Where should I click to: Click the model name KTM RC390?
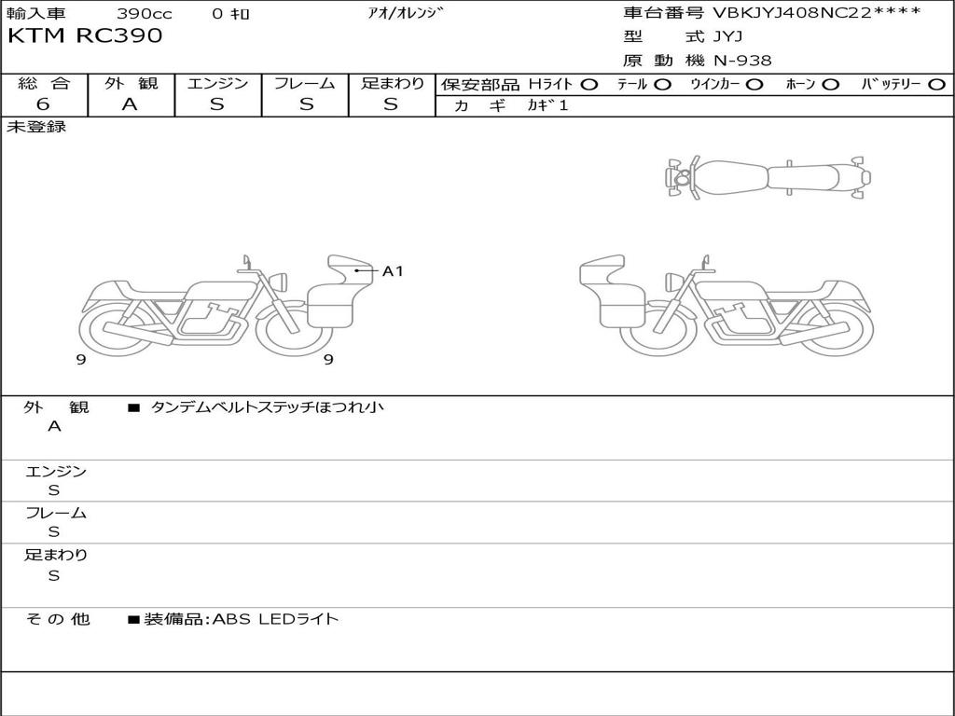point(85,36)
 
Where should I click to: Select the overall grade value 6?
point(43,104)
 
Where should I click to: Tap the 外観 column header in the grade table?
point(131,83)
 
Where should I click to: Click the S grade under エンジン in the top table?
point(216,104)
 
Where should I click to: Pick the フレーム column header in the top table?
point(305,83)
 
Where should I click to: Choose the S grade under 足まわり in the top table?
point(391,104)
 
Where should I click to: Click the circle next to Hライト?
point(589,85)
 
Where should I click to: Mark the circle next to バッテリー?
point(936,85)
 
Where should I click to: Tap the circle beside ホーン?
point(830,85)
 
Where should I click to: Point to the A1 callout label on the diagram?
point(393,271)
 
